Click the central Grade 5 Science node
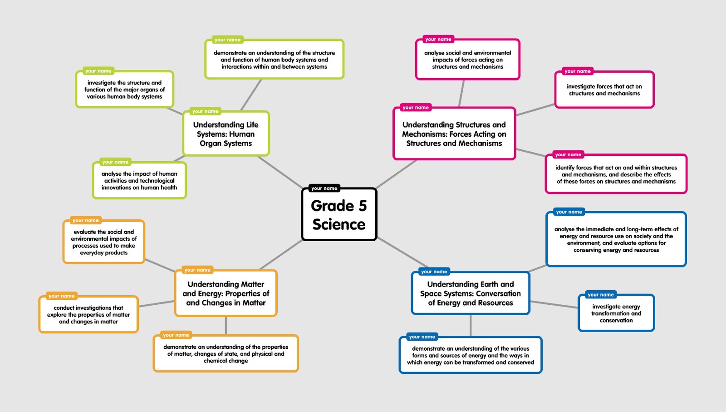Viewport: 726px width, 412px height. (x=339, y=214)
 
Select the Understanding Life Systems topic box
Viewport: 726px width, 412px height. (x=226, y=134)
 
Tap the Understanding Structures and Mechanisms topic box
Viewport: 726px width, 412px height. (x=454, y=134)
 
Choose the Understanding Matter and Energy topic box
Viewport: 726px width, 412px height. (x=226, y=293)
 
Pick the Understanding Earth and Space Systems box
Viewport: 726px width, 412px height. (x=470, y=293)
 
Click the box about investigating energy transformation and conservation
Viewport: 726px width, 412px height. (x=616, y=313)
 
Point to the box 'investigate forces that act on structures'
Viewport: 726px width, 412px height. (x=604, y=90)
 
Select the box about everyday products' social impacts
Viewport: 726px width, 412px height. (x=103, y=242)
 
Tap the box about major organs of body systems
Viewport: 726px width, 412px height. (x=124, y=89)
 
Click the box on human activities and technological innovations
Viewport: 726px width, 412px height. (x=139, y=180)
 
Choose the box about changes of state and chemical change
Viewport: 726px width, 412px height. (x=226, y=354)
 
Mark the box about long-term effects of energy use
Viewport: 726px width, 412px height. (x=616, y=239)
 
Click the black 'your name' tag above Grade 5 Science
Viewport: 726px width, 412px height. (x=324, y=188)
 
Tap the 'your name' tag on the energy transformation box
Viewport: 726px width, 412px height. (x=600, y=295)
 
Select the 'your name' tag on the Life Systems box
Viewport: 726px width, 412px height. (x=205, y=111)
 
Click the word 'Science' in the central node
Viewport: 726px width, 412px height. (x=339, y=224)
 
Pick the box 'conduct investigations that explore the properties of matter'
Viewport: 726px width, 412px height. (x=88, y=314)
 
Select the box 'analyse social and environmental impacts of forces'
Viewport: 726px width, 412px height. (x=467, y=60)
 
